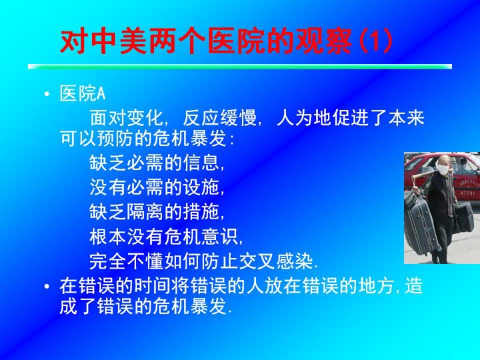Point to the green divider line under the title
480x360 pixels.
click(x=240, y=67)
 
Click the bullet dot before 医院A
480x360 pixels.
click(x=47, y=94)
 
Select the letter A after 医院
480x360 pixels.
click(x=101, y=94)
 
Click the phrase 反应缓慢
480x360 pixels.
click(x=219, y=118)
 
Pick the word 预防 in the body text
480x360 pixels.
click(x=115, y=139)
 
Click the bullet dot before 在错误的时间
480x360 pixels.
click(x=47, y=287)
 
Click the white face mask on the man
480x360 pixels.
click(x=442, y=169)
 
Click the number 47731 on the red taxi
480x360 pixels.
click(x=467, y=193)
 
